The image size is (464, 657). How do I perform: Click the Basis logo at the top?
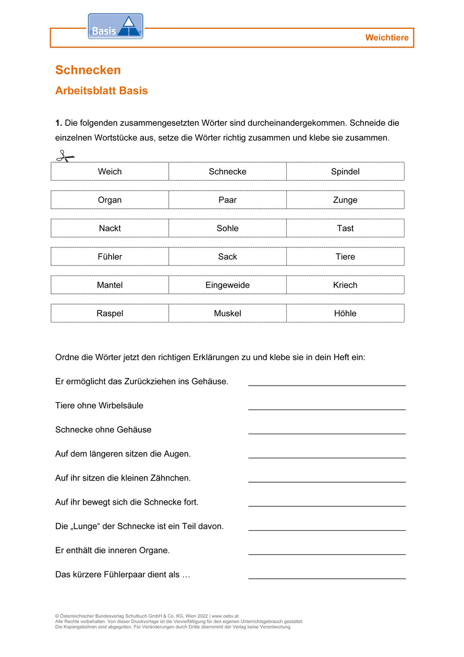(x=115, y=27)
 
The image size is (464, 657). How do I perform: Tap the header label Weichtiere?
(x=387, y=38)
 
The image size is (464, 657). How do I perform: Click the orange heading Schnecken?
(x=88, y=70)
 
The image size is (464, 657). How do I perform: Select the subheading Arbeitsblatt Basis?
(x=102, y=91)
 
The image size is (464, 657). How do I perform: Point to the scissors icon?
(x=65, y=156)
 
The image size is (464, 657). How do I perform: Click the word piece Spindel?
(x=345, y=172)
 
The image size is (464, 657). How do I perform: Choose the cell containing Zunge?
(x=345, y=200)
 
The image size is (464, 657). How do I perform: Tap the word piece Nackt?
(x=110, y=228)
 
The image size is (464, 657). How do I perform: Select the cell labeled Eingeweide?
(x=227, y=285)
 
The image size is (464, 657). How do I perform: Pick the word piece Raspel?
(x=110, y=313)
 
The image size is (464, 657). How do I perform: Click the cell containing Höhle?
(x=345, y=313)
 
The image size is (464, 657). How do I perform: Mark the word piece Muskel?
(x=227, y=313)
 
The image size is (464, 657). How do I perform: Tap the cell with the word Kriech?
(x=345, y=285)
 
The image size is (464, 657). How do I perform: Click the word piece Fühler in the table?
(x=110, y=257)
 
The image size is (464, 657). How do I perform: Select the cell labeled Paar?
(x=227, y=200)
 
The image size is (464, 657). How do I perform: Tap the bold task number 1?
(x=58, y=123)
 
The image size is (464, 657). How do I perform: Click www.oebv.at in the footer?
(x=225, y=616)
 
